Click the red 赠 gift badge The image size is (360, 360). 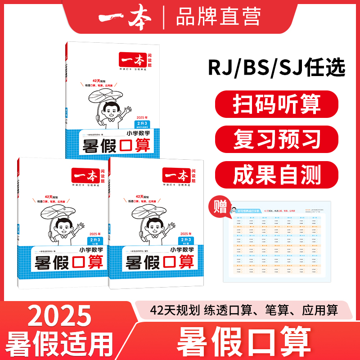click(x=220, y=207)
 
